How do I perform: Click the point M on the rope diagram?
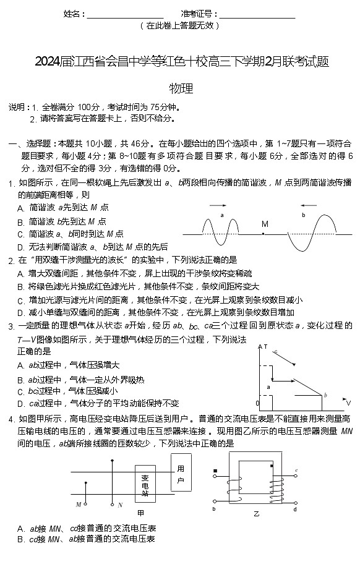[264, 234]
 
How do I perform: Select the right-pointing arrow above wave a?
[217, 207]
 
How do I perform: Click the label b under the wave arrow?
[304, 215]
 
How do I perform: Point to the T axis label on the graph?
[266, 347]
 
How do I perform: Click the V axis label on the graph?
[349, 403]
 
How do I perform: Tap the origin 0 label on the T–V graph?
[257, 403]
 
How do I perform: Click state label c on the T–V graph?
[275, 352]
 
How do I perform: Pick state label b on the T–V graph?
[325, 395]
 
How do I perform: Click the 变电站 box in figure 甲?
[145, 485]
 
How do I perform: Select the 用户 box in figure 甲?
[181, 474]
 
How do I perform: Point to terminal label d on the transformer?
[295, 509]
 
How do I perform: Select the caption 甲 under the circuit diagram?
[140, 513]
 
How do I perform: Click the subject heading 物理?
[181, 88]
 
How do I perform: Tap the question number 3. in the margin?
[11, 326]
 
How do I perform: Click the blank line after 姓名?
[125, 14]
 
